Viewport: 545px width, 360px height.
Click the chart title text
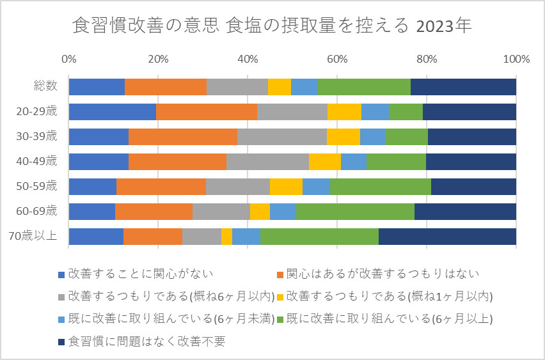tap(272, 26)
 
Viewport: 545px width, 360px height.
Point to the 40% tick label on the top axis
tap(248, 59)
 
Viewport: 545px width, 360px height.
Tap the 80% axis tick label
tap(427, 59)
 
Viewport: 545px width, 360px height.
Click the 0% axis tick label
tap(68, 59)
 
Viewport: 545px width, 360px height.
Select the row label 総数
tap(45, 86)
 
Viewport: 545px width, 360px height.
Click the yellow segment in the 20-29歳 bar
tap(344, 111)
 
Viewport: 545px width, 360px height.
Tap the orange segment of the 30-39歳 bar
tap(183, 136)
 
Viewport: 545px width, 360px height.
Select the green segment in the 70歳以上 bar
tap(319, 236)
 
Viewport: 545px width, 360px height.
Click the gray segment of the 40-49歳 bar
tap(267, 161)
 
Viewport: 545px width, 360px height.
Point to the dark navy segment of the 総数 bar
tap(463, 86)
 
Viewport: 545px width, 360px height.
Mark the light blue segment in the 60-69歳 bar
tap(283, 211)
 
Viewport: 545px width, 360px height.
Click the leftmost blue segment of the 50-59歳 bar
tap(92, 186)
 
